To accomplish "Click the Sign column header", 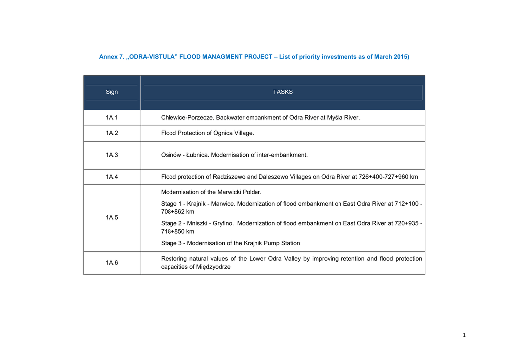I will click(x=112, y=92).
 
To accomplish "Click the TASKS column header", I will click(x=283, y=92).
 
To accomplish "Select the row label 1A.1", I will click(x=112, y=118).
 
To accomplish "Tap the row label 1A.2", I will click(x=112, y=133).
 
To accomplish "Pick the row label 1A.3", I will click(x=112, y=155).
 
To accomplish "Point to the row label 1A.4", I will click(x=112, y=177).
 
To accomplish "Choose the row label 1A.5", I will click(x=112, y=218).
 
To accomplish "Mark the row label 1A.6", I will click(x=112, y=263).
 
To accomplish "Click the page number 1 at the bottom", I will click(x=464, y=335).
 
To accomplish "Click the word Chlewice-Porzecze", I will click(x=187, y=118).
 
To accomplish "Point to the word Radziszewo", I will click(x=228, y=177).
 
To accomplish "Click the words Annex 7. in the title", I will click(x=112, y=57).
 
